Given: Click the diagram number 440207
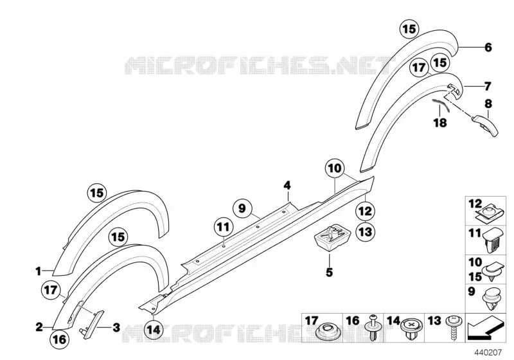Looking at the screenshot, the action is pyautogui.click(x=488, y=352).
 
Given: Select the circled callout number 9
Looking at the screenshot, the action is pyautogui.click(x=242, y=208).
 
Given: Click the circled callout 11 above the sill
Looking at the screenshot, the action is pyautogui.click(x=223, y=227).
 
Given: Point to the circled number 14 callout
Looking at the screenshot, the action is pyautogui.click(x=154, y=329).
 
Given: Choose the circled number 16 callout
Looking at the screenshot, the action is pyautogui.click(x=59, y=339).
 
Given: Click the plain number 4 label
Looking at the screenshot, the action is pyautogui.click(x=287, y=186).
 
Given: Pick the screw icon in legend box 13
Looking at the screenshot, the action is pyautogui.click(x=455, y=328).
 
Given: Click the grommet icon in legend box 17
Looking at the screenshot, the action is pyautogui.click(x=326, y=332).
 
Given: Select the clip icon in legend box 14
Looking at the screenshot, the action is pyautogui.click(x=412, y=329).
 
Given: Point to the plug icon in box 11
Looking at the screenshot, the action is pyautogui.click(x=493, y=240).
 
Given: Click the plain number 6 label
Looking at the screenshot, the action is pyautogui.click(x=488, y=48).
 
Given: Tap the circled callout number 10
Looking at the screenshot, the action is pyautogui.click(x=334, y=168).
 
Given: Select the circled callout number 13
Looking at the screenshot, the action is pyautogui.click(x=365, y=231).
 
